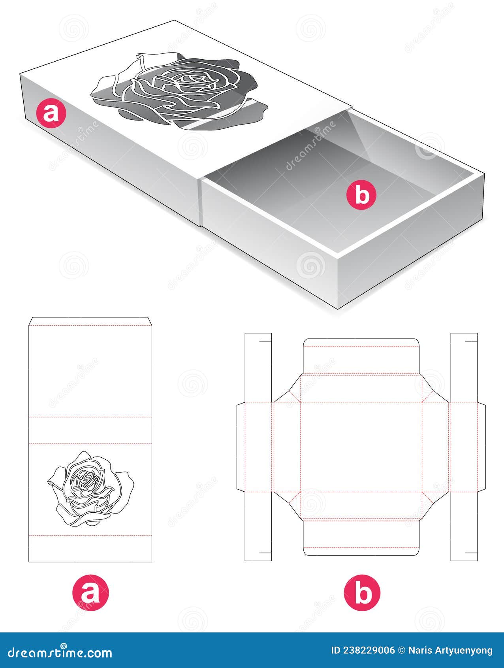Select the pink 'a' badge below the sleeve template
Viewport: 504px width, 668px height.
pyautogui.click(x=90, y=593)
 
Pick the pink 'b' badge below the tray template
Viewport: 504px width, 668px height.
pyautogui.click(x=362, y=593)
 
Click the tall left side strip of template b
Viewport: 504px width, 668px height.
pyautogui.click(x=258, y=447)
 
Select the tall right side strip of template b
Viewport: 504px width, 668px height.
pyautogui.click(x=464, y=447)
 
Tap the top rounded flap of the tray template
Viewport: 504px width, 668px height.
pyautogui.click(x=361, y=356)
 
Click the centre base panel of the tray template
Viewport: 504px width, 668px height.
pyautogui.click(x=361, y=447)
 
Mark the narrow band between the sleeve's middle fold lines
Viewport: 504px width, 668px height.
pyautogui.click(x=90, y=430)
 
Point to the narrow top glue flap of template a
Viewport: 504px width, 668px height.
pyautogui.click(x=90, y=321)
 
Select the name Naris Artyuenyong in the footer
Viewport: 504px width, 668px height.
pyautogui.click(x=450, y=651)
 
